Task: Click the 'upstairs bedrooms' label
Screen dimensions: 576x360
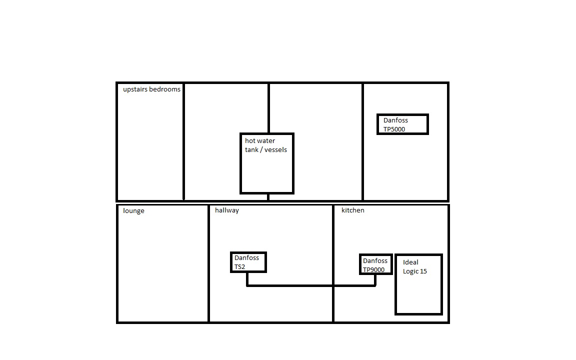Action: tap(151, 89)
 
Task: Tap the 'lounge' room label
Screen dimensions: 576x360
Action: tap(133, 211)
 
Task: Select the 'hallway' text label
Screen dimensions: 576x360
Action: tap(227, 210)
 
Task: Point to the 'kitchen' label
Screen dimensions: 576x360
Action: tap(353, 210)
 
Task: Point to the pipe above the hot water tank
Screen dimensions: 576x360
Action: tap(269, 108)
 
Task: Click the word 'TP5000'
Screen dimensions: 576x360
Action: tap(394, 129)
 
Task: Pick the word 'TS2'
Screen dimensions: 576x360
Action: tap(239, 266)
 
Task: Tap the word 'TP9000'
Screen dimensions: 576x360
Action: tap(373, 269)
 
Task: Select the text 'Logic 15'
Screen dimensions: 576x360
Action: tap(414, 271)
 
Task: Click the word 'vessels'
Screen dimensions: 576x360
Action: tap(275, 150)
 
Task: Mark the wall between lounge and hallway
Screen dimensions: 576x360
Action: tap(208, 264)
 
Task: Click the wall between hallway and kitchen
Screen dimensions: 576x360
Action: tap(333, 264)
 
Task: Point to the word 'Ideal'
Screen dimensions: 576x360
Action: tap(410, 262)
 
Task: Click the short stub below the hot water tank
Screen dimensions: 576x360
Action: tap(268, 197)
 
